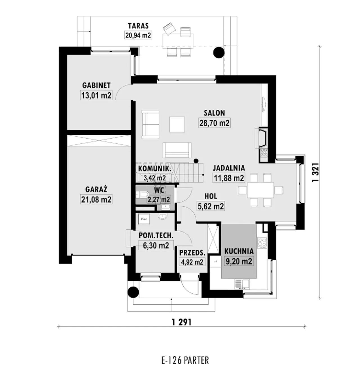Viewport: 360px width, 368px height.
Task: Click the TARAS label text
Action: click(x=138, y=26)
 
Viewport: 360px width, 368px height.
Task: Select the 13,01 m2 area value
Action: click(x=96, y=95)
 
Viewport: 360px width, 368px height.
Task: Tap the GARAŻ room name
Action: click(x=96, y=189)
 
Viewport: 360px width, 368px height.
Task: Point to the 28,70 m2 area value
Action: click(x=214, y=123)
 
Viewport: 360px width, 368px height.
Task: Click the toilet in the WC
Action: click(x=142, y=194)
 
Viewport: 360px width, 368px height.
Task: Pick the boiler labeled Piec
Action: click(x=144, y=219)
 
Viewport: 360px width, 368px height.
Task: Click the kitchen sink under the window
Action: click(x=242, y=284)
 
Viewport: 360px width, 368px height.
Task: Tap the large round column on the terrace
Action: click(x=219, y=52)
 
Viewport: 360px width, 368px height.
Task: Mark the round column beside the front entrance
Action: click(x=133, y=292)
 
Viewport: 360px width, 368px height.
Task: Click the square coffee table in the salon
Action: click(x=177, y=125)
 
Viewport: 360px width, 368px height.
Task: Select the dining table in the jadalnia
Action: click(x=260, y=190)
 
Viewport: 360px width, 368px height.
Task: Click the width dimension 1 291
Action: click(x=182, y=322)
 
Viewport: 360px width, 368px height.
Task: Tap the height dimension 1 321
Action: click(x=316, y=172)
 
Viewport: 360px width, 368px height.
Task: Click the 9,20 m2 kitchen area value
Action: click(x=239, y=261)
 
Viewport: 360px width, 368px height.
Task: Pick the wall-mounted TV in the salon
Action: click(x=264, y=105)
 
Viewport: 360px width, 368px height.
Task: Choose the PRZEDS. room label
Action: click(x=192, y=253)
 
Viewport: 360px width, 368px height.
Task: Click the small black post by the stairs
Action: click(x=196, y=161)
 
